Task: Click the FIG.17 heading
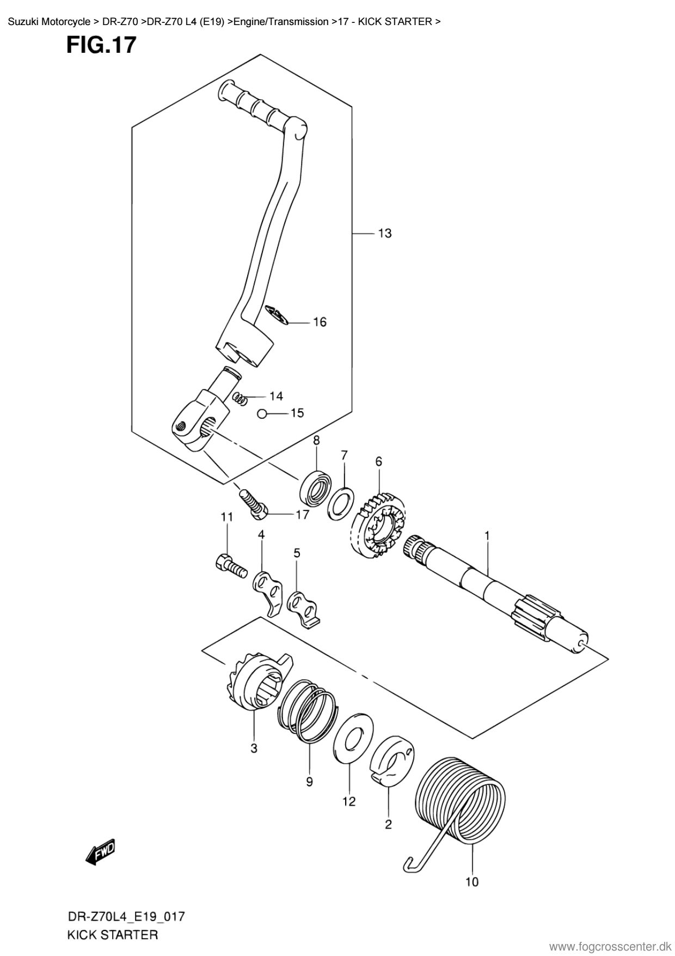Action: tap(101, 45)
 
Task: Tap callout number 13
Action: tap(384, 233)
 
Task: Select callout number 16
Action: tap(320, 322)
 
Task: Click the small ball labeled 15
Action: tap(262, 414)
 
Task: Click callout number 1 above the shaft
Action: tap(487, 536)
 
